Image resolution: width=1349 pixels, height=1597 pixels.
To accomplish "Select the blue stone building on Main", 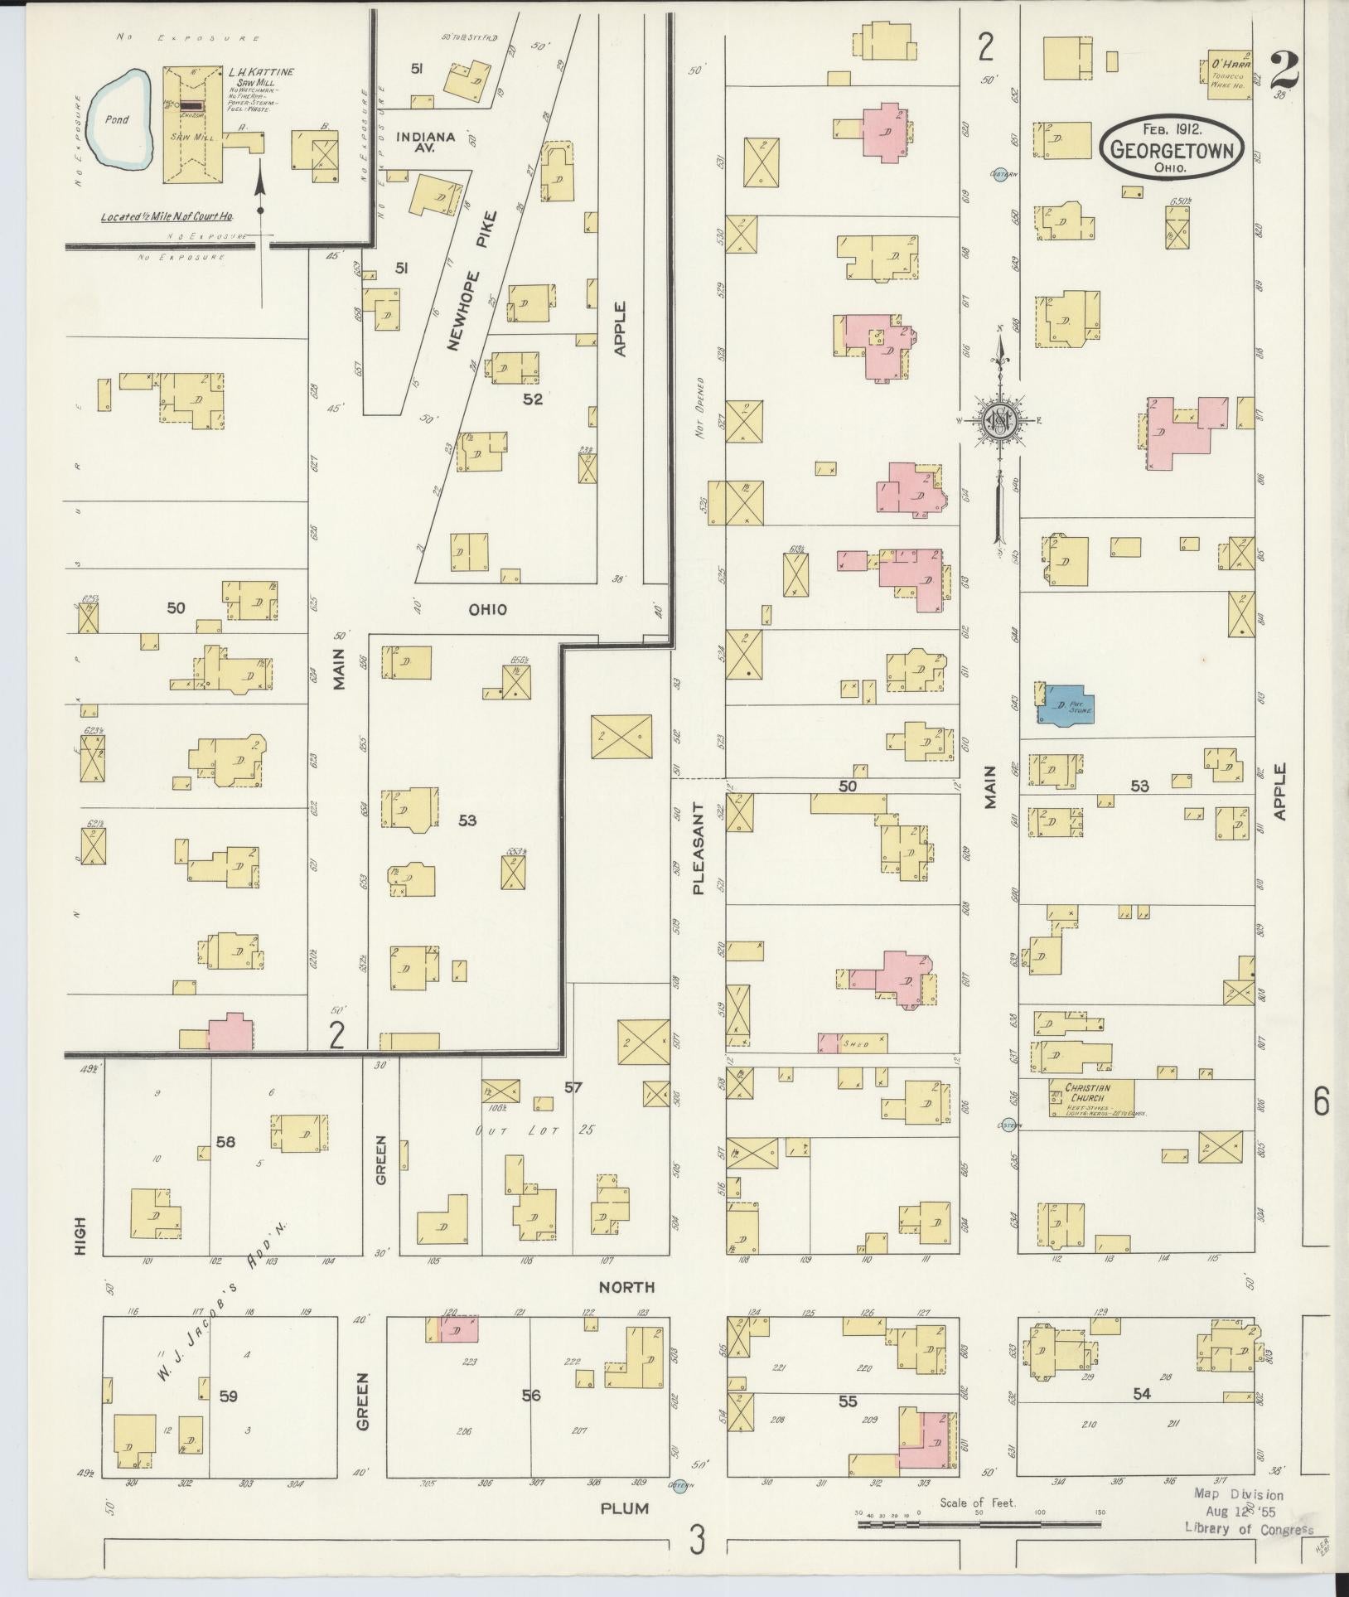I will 1068,705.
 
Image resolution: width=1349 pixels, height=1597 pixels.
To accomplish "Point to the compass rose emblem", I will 1001,422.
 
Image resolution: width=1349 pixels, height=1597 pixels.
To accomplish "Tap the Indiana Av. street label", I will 425,142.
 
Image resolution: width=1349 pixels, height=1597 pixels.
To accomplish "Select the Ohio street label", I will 487,609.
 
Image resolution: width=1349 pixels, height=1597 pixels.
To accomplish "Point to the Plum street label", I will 625,1509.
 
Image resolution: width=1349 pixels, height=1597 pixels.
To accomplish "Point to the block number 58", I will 225,1142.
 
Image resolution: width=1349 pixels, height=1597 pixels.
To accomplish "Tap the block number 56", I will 530,1395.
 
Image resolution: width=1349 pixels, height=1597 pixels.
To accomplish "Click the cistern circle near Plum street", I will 681,1487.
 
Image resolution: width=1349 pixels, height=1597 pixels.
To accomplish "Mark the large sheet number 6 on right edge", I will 1321,1103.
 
